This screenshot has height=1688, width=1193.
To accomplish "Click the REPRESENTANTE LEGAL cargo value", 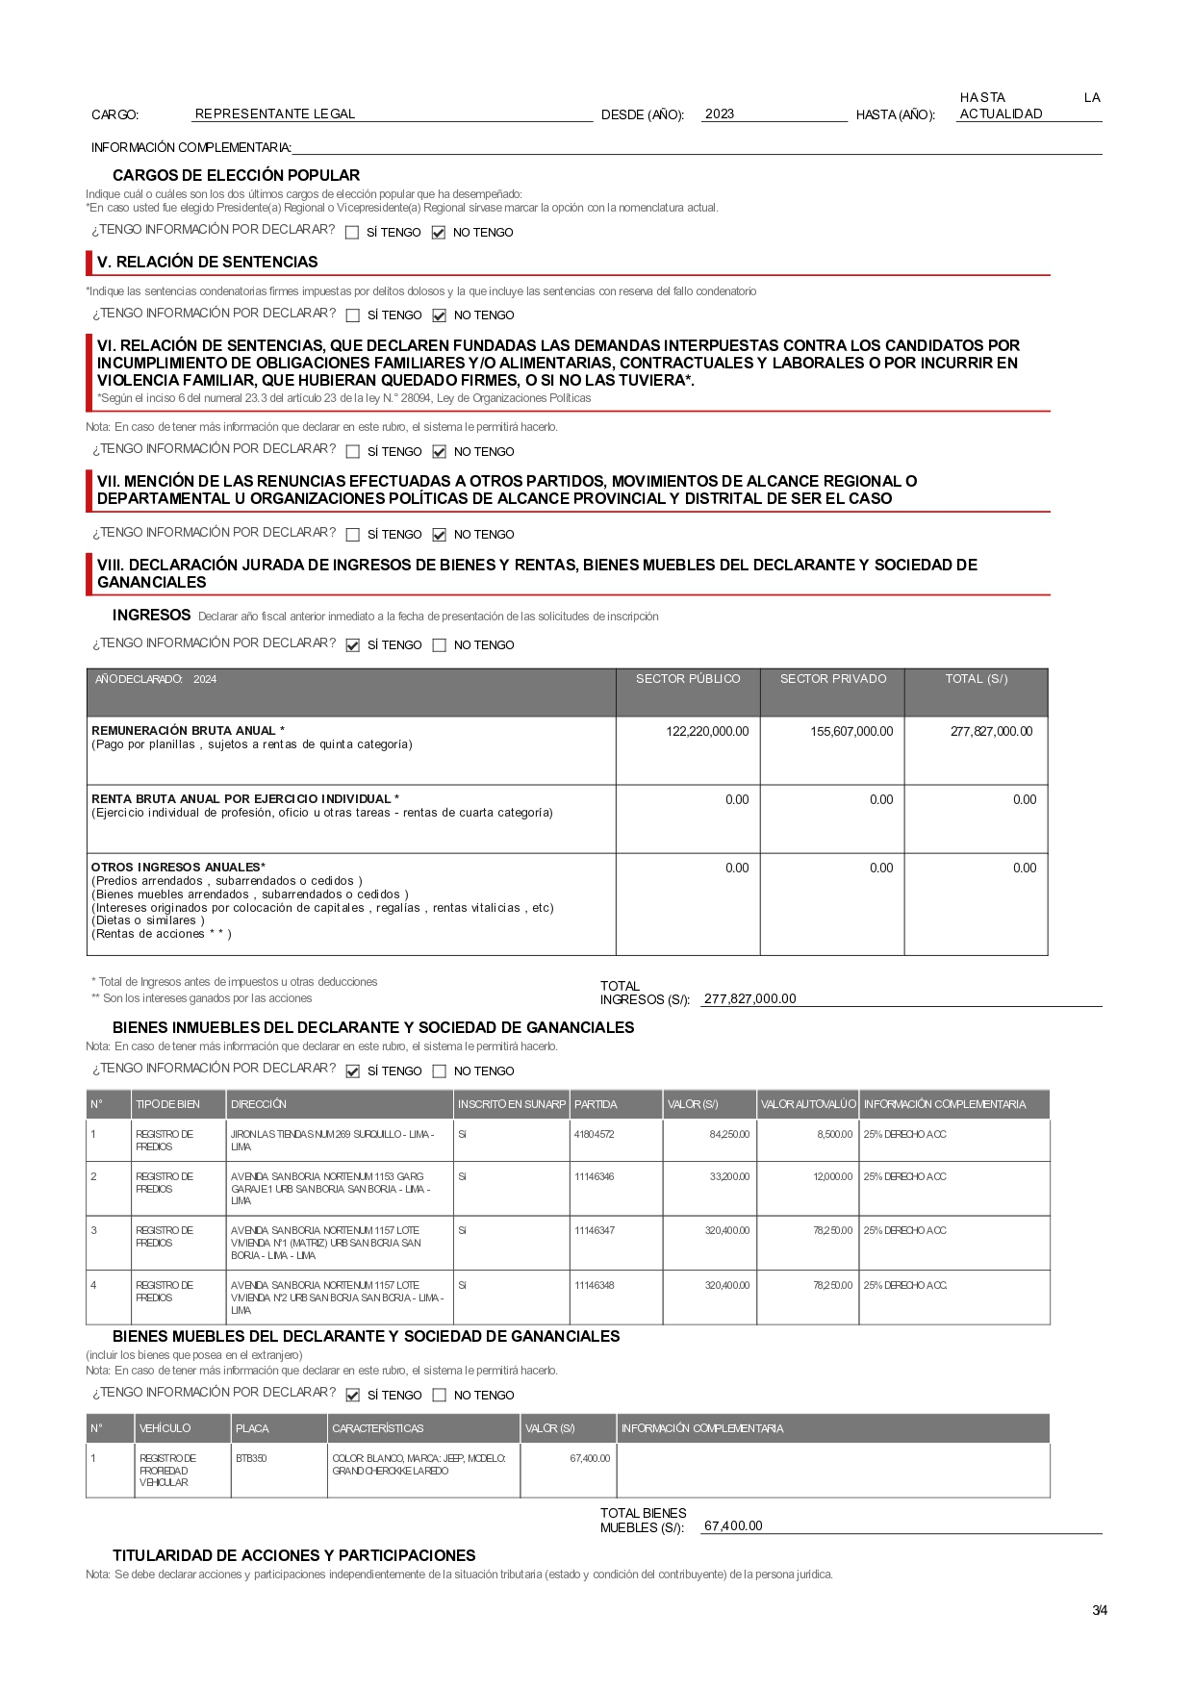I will tap(275, 114).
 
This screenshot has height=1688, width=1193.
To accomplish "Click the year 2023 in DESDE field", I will tap(720, 114).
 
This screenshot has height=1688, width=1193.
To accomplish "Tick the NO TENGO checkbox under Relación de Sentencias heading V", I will tap(440, 315).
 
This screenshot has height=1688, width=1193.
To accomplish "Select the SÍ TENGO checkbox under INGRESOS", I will tap(353, 645).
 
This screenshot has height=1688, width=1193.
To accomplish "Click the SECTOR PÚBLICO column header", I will tap(688, 679).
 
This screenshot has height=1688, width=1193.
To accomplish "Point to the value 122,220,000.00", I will tap(707, 732).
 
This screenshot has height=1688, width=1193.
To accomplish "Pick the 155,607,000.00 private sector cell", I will tap(851, 732).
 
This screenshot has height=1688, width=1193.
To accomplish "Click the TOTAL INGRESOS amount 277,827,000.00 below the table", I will tap(750, 999).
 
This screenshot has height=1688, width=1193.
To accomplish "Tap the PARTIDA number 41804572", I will tap(594, 1135).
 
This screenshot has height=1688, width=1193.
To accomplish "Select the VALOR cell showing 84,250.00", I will tap(729, 1135).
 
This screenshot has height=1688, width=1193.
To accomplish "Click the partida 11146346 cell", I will tap(594, 1177).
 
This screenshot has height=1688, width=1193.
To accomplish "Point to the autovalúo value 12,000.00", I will tap(832, 1177).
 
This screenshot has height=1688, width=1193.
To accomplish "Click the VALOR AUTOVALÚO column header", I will tap(808, 1104).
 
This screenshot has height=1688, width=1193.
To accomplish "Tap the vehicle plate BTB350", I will tap(251, 1459).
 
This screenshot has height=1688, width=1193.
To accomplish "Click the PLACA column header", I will tap(252, 1429).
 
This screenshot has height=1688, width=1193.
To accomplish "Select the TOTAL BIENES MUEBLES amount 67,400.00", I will tap(733, 1526).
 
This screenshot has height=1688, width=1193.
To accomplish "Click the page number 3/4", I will tap(1100, 1610).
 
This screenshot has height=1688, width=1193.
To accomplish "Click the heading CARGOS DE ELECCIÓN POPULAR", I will tap(236, 175).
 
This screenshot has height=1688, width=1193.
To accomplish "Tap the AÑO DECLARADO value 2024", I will tap(205, 680).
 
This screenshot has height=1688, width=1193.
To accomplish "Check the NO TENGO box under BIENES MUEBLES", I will tap(440, 1396).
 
